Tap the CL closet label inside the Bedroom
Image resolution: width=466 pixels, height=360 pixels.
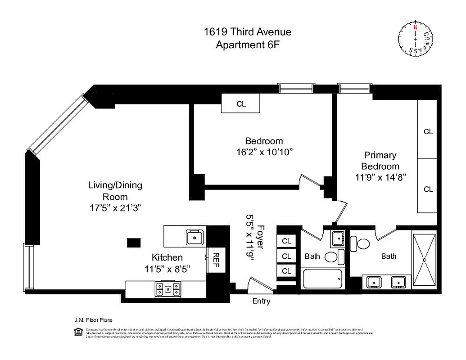241,104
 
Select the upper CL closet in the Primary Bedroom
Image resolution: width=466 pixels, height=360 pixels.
428,132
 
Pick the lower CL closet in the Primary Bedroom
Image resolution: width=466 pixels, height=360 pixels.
428,189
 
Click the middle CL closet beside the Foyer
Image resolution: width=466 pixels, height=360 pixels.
286,256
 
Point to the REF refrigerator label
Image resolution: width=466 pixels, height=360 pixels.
216,259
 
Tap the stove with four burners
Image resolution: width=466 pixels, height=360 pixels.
168,289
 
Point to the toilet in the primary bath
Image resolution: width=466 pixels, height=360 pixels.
362,243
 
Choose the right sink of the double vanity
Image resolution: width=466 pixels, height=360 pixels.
398,282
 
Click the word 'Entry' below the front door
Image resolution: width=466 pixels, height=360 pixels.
261,301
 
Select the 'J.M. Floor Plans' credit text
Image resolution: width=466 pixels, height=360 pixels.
90,320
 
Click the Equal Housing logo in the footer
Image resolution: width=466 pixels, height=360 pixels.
77,332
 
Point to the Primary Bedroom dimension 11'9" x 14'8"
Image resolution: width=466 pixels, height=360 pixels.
380,177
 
